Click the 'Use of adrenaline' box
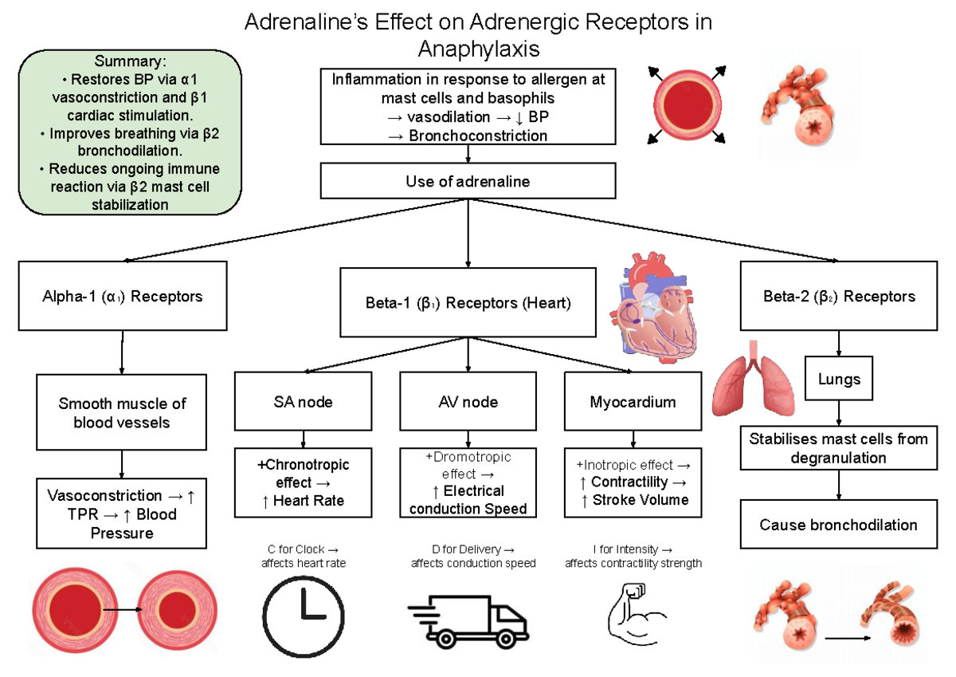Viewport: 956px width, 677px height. click(x=468, y=181)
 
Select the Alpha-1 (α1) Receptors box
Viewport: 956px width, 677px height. click(x=122, y=296)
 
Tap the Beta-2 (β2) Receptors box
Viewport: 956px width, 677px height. click(x=839, y=296)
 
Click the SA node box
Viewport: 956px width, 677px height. click(x=303, y=402)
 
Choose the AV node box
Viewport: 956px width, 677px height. click(x=468, y=402)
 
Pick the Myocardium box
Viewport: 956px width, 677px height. click(x=633, y=402)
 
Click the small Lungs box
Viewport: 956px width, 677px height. click(x=839, y=380)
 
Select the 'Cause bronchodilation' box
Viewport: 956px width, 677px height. click(x=839, y=525)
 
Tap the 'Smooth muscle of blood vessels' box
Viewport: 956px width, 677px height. click(x=122, y=412)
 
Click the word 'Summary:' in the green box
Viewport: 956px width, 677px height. click(x=131, y=61)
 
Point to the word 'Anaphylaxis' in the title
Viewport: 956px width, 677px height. click(x=479, y=49)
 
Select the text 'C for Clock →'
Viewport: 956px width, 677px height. click(x=304, y=549)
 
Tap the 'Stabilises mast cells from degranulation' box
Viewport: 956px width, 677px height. click(x=839, y=448)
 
